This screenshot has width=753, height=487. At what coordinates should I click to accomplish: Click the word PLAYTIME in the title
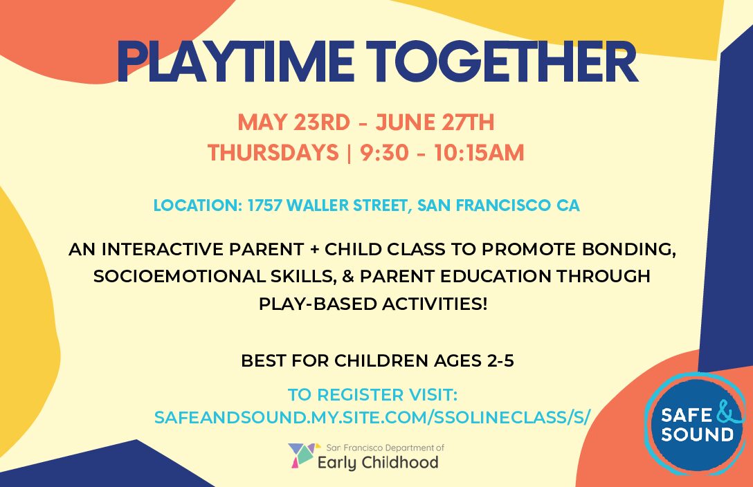(235, 62)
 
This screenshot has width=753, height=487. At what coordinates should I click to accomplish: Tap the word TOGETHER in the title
(501, 62)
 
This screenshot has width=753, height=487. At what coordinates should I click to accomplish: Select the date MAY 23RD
(293, 122)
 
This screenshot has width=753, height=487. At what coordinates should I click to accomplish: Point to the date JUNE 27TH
(435, 122)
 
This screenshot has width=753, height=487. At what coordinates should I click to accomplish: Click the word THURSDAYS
(273, 153)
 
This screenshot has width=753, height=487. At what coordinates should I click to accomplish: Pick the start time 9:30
(384, 153)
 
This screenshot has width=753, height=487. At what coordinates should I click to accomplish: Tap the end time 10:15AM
(479, 153)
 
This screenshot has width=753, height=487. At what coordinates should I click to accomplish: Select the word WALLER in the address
(318, 205)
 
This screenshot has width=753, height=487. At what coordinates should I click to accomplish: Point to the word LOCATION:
(197, 205)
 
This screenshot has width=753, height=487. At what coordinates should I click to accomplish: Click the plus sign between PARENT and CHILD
(314, 250)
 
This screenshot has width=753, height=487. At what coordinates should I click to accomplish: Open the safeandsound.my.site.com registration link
(372, 417)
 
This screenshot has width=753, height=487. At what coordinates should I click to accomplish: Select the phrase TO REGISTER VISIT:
(372, 395)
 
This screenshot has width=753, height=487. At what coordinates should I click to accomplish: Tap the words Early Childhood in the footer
(379, 463)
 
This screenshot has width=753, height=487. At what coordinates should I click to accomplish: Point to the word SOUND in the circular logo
(697, 434)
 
